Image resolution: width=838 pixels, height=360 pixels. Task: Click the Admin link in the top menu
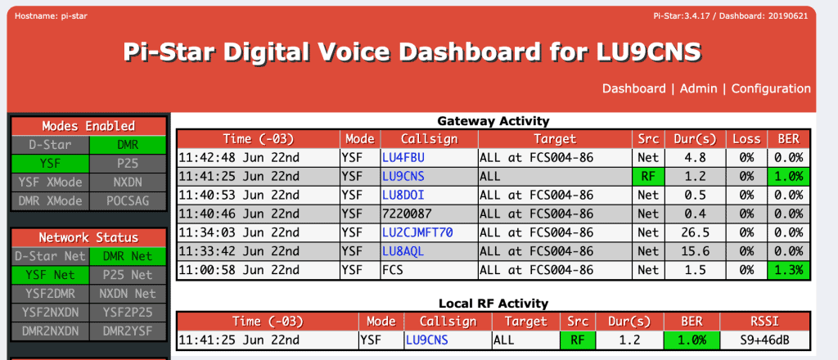tap(698, 88)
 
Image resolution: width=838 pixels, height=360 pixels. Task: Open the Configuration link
tap(771, 88)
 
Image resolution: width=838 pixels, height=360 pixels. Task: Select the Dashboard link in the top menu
tap(634, 88)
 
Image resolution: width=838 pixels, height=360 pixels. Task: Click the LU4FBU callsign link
tap(403, 158)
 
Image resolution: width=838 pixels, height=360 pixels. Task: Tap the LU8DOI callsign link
tap(403, 195)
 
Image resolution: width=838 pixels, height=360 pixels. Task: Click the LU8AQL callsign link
tap(403, 251)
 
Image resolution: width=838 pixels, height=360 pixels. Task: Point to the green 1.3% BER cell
tap(788, 270)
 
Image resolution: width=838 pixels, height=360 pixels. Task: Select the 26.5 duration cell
tap(695, 232)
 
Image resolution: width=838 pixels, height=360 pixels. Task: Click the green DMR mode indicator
tap(128, 145)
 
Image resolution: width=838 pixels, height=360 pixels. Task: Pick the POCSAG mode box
tap(128, 200)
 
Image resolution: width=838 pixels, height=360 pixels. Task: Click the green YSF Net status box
tap(51, 275)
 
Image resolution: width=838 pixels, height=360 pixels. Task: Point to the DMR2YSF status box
tap(128, 331)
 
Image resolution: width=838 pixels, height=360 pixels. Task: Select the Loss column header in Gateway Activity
tap(746, 139)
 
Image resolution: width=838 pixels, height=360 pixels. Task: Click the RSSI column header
tap(764, 322)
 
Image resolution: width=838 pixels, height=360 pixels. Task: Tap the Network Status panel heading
tap(88, 238)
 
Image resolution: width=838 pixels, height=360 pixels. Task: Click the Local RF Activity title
tap(493, 304)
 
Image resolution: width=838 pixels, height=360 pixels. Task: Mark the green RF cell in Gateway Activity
tap(648, 176)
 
